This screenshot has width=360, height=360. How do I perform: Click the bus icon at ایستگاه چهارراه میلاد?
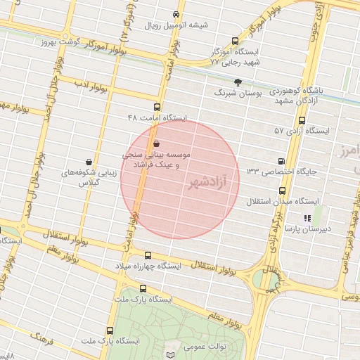coord(148,256)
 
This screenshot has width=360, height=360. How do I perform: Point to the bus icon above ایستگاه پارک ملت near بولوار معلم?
coord(143,288)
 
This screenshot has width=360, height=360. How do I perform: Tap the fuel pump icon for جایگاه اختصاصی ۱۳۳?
coord(282,161)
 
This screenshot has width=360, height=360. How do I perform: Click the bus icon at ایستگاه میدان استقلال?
coord(282,191)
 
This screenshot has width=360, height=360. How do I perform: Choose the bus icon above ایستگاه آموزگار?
coord(235,41)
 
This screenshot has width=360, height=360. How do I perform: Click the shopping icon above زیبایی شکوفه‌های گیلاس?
coord(88,161)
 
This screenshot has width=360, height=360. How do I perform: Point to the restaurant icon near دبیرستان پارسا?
coord(307,217)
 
